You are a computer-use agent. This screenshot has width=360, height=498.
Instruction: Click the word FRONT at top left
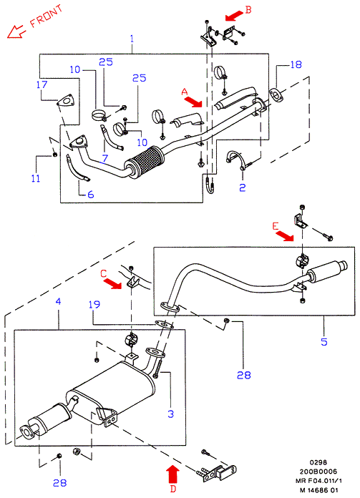pos(46,16)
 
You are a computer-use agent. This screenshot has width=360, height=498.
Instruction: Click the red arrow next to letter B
pos(234,15)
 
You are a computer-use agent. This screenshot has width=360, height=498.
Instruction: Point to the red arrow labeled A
pos(193,102)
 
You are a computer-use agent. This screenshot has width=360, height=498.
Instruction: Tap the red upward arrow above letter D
pos(173,474)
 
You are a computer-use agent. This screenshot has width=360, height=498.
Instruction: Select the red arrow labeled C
pos(113,283)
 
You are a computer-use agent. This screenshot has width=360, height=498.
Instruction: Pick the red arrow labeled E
pos(284,236)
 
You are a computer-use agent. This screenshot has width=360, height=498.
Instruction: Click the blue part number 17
pos(42,85)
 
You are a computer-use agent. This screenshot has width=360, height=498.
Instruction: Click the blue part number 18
pos(296,64)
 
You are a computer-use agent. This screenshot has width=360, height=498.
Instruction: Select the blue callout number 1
pos(132,39)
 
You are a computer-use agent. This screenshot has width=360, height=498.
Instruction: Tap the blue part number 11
pos(36,178)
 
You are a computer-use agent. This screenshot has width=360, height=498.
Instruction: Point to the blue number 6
pos(91,195)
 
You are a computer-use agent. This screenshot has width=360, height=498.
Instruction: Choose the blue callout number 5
pos(323,342)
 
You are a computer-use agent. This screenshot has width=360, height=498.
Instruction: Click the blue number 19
pos(94,305)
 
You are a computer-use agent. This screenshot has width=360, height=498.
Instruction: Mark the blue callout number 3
pos(170,414)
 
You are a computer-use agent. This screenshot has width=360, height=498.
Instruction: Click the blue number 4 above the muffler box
pos(58,301)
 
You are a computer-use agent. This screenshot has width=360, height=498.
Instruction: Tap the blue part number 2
pos(243,187)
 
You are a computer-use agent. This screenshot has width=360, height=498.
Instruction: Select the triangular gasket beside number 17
pos(65,102)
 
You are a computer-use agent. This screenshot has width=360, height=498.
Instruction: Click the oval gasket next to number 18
pos(276,96)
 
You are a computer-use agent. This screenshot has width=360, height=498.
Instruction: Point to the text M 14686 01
pos(318,490)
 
